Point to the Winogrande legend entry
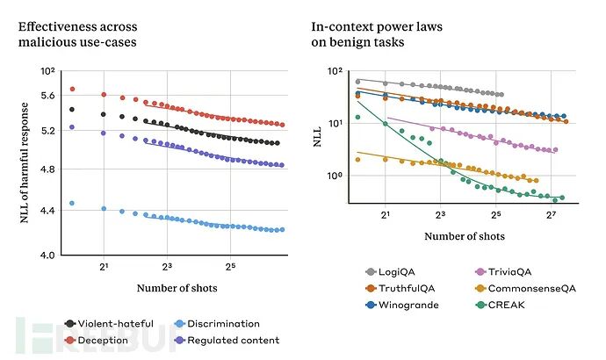398,305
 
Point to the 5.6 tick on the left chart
47,95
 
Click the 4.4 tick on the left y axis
47,210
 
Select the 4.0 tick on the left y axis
47,255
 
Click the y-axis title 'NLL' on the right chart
320,133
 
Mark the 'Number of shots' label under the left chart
177,288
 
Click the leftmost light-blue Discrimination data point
72,203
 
